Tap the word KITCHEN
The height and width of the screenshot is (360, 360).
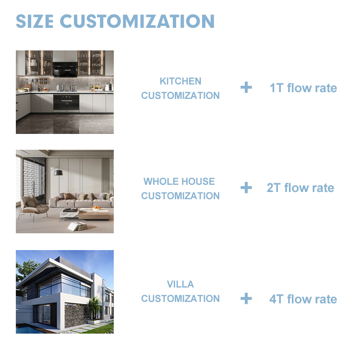pyautogui.click(x=180, y=81)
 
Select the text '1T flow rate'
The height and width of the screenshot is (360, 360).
pyautogui.click(x=303, y=88)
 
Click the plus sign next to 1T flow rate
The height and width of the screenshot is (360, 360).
pyautogui.click(x=246, y=87)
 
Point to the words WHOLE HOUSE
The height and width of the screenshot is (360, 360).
pyautogui.click(x=179, y=181)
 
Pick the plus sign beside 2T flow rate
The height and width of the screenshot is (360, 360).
pyautogui.click(x=246, y=187)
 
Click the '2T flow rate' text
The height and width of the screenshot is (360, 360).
pyautogui.click(x=300, y=188)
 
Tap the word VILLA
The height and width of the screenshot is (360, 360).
pyautogui.click(x=180, y=284)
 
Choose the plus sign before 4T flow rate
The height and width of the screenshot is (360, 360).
pyautogui.click(x=246, y=299)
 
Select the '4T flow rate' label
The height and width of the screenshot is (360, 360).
pyautogui.click(x=303, y=299)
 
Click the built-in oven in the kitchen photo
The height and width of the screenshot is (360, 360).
pyautogui.click(x=65, y=102)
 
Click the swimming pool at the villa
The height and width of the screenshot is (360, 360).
pyautogui.click(x=29, y=330)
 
